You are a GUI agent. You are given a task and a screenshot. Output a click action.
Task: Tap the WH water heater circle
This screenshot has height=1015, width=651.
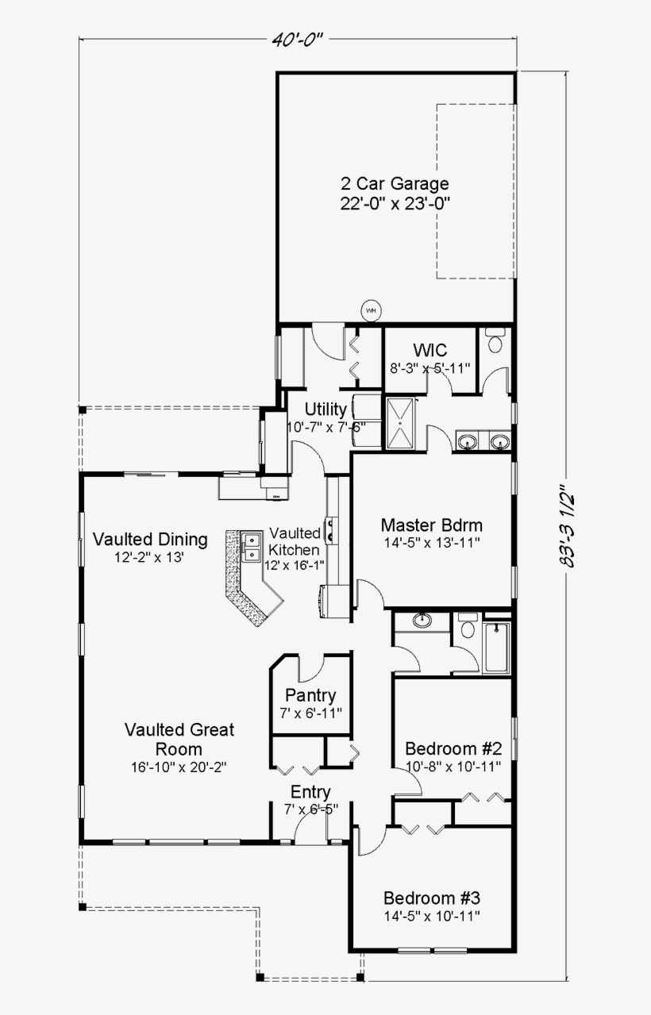[371, 309]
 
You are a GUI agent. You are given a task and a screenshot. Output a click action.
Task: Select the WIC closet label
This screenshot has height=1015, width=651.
[430, 350]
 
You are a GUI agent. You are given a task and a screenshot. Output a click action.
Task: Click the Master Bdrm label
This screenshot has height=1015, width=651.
[431, 525]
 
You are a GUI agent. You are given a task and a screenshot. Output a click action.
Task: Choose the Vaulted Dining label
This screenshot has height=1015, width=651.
[149, 540]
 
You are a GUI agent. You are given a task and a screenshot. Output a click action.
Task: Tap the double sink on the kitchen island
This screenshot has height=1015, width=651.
[252, 545]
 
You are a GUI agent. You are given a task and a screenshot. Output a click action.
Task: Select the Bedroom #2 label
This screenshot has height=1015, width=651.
[453, 748]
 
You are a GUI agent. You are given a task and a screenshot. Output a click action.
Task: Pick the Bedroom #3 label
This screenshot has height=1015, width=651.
[432, 898]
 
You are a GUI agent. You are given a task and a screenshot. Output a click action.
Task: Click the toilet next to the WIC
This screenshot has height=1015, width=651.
[495, 342]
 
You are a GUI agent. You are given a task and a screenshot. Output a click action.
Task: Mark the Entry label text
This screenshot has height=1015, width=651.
[310, 792]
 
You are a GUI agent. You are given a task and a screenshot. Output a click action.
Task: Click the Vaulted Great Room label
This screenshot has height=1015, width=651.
[179, 739]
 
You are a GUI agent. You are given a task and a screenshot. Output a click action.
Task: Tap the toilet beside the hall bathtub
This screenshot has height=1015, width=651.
[467, 628]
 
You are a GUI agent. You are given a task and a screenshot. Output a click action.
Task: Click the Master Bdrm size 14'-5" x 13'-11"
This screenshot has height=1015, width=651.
[431, 542]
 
